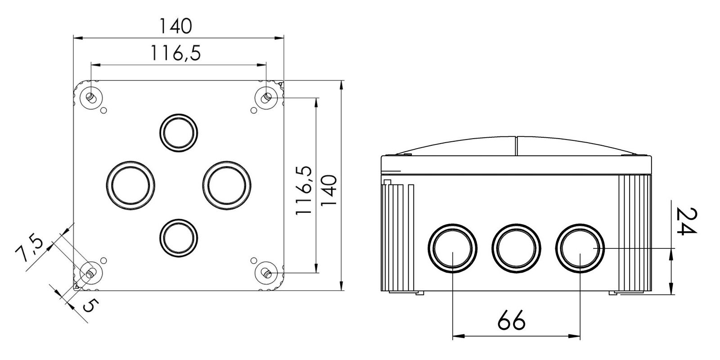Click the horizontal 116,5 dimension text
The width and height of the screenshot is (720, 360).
175,54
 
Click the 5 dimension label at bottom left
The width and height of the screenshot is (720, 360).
89,307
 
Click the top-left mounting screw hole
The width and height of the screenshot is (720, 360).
90,97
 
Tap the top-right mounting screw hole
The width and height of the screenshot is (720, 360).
267,97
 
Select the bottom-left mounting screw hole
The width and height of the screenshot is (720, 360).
90,273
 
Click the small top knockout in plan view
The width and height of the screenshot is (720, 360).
179,133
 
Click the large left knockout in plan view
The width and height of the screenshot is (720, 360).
131,185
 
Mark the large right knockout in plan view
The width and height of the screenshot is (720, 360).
226,185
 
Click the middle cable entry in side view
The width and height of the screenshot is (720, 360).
516,248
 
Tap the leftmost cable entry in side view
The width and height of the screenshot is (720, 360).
453,248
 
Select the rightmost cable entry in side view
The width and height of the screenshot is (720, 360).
579,248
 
